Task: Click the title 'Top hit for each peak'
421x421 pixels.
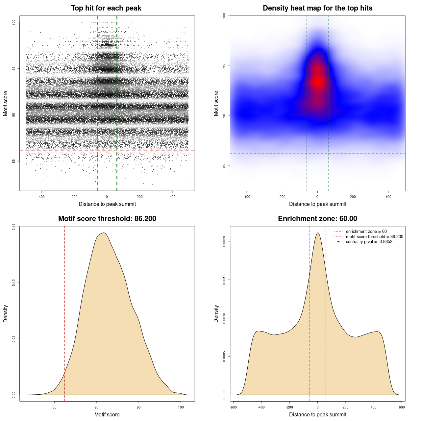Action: (x=106, y=8)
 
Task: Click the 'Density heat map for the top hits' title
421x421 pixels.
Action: (x=317, y=8)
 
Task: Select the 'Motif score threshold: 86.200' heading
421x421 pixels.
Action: (x=107, y=219)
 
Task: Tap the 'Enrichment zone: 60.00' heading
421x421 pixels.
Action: (x=317, y=219)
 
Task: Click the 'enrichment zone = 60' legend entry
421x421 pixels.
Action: (x=366, y=232)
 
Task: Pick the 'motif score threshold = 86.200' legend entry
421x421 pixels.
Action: (x=374, y=237)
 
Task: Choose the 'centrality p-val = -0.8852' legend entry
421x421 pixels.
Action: (x=369, y=242)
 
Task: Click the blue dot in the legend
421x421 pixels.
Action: (x=338, y=242)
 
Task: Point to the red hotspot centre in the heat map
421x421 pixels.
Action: (x=318, y=82)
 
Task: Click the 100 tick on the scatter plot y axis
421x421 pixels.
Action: (x=14, y=22)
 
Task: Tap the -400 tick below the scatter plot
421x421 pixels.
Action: (x=41, y=197)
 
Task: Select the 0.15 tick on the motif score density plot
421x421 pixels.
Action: (x=14, y=227)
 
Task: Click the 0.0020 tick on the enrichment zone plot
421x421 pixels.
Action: (x=224, y=241)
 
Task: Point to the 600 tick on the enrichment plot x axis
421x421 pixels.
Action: (x=402, y=407)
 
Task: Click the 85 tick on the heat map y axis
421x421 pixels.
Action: (x=224, y=165)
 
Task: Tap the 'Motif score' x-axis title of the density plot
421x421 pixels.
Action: (x=107, y=414)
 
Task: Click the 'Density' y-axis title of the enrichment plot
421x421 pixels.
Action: (x=216, y=313)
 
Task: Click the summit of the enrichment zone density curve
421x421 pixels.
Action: (x=318, y=233)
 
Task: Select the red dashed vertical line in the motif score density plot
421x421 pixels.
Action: (x=64, y=312)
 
